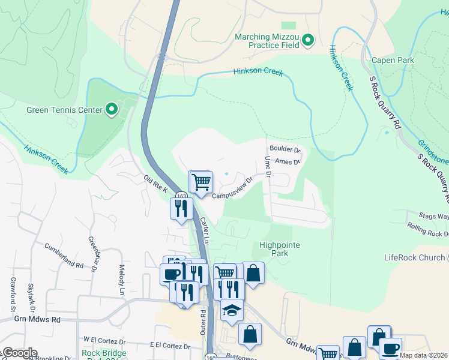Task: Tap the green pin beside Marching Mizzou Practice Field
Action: coord(309,41)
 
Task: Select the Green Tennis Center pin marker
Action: coord(112,109)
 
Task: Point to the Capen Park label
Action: coord(393,60)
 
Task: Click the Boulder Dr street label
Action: coord(284,149)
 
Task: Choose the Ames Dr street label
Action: coord(286,161)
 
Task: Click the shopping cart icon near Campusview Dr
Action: coord(202,181)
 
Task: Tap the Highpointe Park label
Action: coord(279,249)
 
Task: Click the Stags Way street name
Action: coord(434,217)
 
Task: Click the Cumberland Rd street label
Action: coord(64,255)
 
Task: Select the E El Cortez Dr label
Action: coord(170,346)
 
